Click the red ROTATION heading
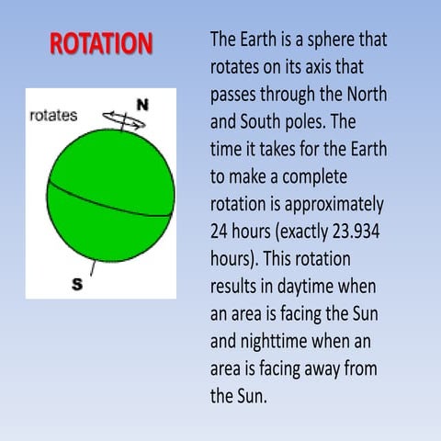point(100,43)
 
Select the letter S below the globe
point(77,284)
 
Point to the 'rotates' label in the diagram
point(54,117)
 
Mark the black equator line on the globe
point(109,200)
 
